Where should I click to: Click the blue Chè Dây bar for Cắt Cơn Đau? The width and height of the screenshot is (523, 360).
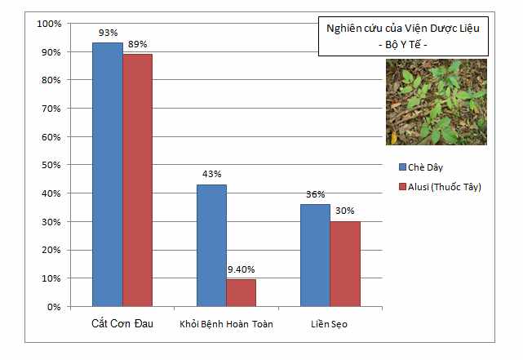click(107, 175)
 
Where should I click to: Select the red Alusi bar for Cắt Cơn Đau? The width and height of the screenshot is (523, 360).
click(137, 180)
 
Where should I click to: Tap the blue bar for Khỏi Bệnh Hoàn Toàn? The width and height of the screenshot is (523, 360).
click(211, 245)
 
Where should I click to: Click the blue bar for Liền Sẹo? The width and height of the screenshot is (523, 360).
click(315, 256)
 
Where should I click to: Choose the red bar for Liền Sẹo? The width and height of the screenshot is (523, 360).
click(345, 264)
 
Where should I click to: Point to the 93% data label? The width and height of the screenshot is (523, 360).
click(107, 33)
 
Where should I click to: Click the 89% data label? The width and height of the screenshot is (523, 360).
click(137, 44)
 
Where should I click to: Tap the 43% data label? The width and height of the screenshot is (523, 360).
click(211, 174)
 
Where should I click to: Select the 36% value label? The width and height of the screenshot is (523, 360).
click(315, 194)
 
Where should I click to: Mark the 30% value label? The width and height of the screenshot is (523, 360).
click(345, 211)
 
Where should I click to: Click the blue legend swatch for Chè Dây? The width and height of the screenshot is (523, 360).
click(402, 167)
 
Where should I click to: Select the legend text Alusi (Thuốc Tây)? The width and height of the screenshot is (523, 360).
click(445, 187)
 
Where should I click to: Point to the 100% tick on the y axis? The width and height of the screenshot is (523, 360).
click(49, 24)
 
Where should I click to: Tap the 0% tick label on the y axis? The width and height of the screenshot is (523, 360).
click(54, 307)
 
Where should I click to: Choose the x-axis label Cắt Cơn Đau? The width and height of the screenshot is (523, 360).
click(122, 324)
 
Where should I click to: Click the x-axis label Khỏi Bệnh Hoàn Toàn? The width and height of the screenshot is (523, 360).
click(226, 325)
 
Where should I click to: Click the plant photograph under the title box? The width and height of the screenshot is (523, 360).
click(436, 102)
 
